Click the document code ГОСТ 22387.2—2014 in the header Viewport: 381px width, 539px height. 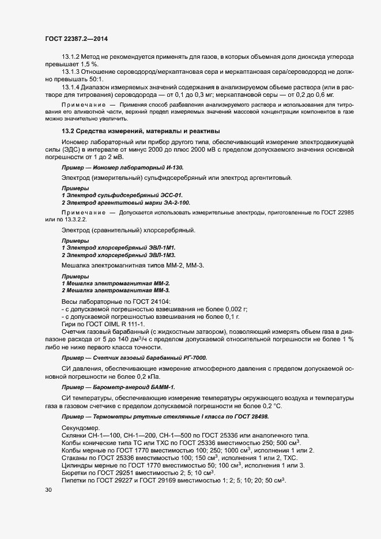tap(76, 39)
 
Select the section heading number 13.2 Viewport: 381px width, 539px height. tap(68, 131)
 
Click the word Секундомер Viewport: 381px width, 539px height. tap(81, 427)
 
